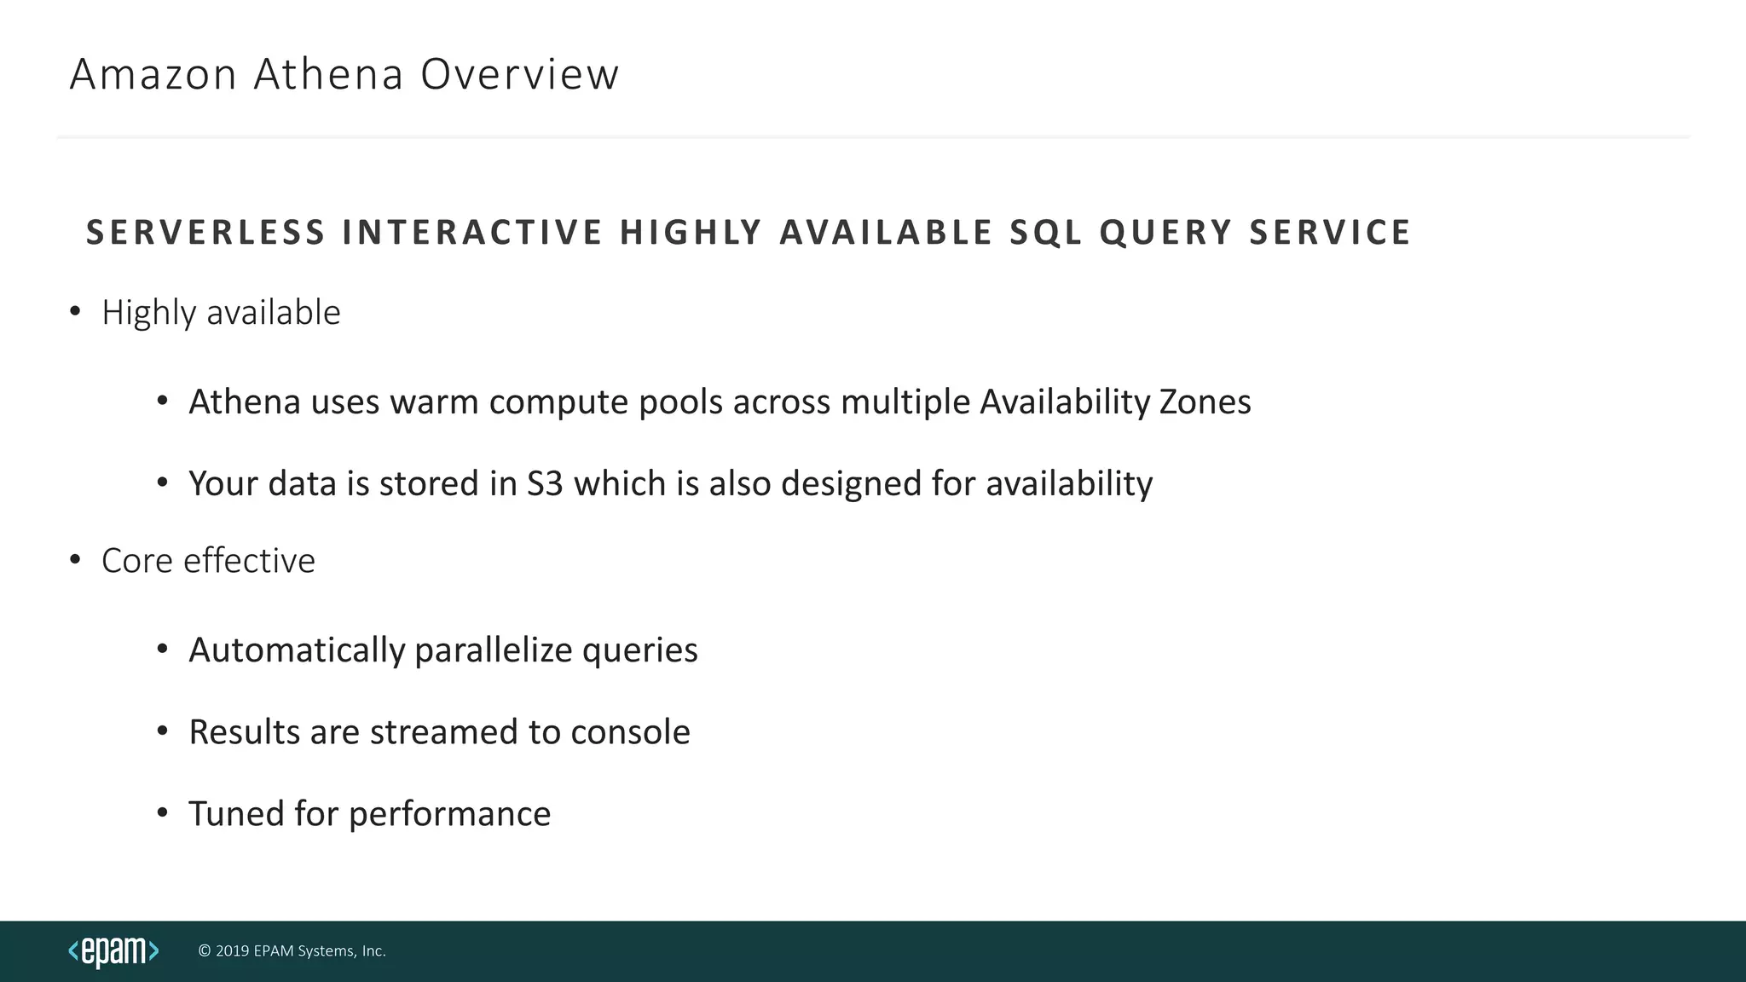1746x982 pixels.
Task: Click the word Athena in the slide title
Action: tap(328, 74)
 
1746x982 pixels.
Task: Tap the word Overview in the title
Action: tap(519, 74)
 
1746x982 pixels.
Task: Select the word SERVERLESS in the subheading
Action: tap(205, 233)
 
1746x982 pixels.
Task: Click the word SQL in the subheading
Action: tap(1045, 233)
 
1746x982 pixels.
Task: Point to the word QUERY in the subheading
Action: tap(1165, 233)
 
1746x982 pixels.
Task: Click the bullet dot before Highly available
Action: tap(75, 311)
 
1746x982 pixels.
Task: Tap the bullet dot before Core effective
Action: tap(75, 559)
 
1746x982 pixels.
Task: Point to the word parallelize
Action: tap(493, 650)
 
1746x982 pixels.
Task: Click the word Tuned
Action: tap(236, 814)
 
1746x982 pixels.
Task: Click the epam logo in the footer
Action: tap(113, 951)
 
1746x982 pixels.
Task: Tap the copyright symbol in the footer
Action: tap(205, 951)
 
